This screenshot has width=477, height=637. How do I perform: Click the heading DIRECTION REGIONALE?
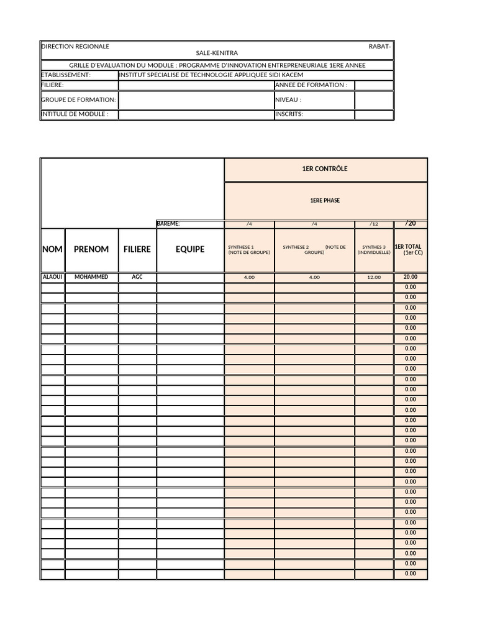[75, 47]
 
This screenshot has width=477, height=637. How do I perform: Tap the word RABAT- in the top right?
[379, 47]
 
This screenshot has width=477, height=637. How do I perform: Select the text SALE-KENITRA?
[216, 53]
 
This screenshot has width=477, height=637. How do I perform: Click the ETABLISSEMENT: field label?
[66, 75]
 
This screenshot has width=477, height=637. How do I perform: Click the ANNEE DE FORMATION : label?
[311, 85]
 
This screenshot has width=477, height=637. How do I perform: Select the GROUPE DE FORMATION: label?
[78, 100]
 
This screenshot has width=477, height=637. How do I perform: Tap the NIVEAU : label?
[288, 100]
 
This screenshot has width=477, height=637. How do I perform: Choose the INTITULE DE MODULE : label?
[75, 114]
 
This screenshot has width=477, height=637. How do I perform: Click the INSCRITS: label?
[289, 114]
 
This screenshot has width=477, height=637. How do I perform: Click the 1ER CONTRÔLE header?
[325, 169]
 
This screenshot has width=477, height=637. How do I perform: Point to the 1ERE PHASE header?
[325, 201]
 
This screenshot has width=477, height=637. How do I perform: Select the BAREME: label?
[168, 224]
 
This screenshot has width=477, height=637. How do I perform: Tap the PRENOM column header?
[91, 249]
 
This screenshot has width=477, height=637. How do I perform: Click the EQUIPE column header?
[190, 249]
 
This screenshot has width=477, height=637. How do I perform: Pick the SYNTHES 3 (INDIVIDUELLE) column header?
[374, 249]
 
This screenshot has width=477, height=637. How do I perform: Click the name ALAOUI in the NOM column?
[52, 277]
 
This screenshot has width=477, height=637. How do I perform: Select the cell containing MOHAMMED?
[91, 277]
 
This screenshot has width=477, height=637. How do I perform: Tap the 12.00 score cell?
[374, 277]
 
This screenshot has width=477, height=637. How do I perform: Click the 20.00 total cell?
[411, 277]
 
